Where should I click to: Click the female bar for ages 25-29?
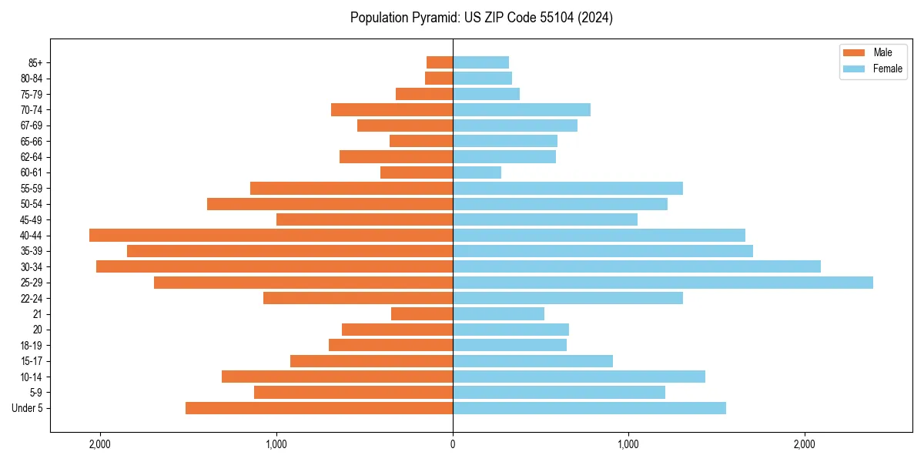[x=662, y=283]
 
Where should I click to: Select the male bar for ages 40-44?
[x=271, y=236]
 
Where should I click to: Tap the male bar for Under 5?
[x=319, y=408]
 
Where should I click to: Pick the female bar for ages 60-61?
[x=477, y=172]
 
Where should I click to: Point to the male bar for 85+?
[x=440, y=62]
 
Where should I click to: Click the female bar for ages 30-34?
[x=636, y=266]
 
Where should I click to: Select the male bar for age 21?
[x=422, y=314]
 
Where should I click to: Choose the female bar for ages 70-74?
[x=521, y=109]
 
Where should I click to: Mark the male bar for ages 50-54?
[x=330, y=204]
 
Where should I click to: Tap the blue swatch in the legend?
[x=855, y=69]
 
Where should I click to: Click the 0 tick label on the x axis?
[x=453, y=444]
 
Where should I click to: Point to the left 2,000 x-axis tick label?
[x=100, y=444]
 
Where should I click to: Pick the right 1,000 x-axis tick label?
[x=628, y=444]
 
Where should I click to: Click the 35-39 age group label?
[x=32, y=251]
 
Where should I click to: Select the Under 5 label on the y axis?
[x=28, y=408]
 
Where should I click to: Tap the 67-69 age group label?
[x=32, y=126]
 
